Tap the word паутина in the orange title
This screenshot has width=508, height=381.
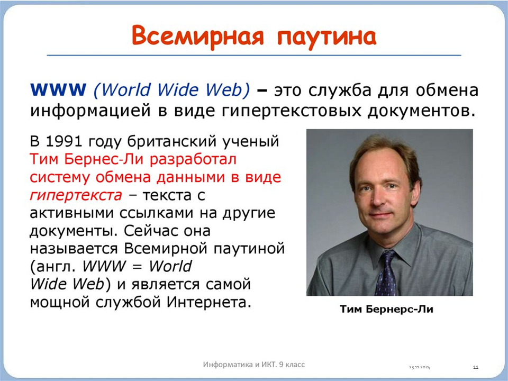(326, 37)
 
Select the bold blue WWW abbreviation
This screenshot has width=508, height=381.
(58, 90)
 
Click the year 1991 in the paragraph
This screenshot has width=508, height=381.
(65, 141)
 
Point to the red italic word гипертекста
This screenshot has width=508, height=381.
(76, 195)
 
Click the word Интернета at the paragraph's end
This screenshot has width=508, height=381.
(209, 302)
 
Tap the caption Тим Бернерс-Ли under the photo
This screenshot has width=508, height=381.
(386, 309)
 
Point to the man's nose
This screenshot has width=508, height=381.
(376, 198)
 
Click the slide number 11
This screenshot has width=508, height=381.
(476, 367)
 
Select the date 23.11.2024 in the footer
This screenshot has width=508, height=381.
(420, 367)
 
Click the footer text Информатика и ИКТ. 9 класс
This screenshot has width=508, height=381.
(253, 365)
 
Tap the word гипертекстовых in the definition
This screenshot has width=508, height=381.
(292, 111)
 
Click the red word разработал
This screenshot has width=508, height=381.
(193, 160)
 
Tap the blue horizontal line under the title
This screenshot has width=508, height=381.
(254, 56)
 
